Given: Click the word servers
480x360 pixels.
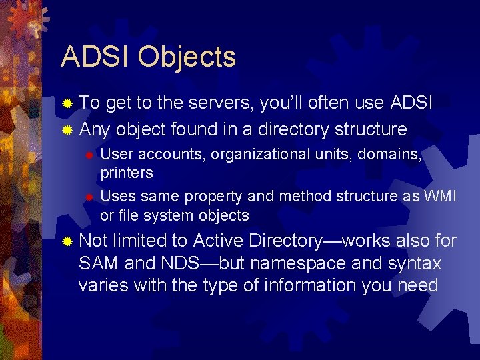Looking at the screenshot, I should [x=221, y=103].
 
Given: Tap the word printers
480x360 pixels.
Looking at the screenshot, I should [x=127, y=173].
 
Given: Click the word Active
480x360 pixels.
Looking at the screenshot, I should [x=221, y=241].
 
